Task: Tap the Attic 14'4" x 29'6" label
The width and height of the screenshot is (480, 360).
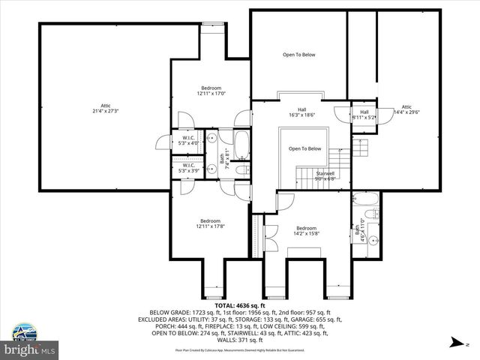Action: click(406, 110)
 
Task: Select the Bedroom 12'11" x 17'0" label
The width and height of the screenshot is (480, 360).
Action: click(211, 91)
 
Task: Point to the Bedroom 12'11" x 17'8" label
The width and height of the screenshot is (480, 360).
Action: click(209, 223)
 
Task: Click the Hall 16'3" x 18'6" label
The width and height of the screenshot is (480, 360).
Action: click(301, 112)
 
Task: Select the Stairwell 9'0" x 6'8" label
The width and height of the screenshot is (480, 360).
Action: click(325, 175)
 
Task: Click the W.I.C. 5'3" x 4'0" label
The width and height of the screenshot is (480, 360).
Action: click(188, 140)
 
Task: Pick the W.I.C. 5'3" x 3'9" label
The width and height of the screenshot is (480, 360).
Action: click(188, 168)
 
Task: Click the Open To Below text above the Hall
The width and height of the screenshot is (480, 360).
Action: click(298, 55)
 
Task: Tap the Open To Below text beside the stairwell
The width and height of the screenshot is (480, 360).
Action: click(305, 148)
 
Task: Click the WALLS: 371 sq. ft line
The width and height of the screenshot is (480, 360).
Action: click(239, 340)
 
